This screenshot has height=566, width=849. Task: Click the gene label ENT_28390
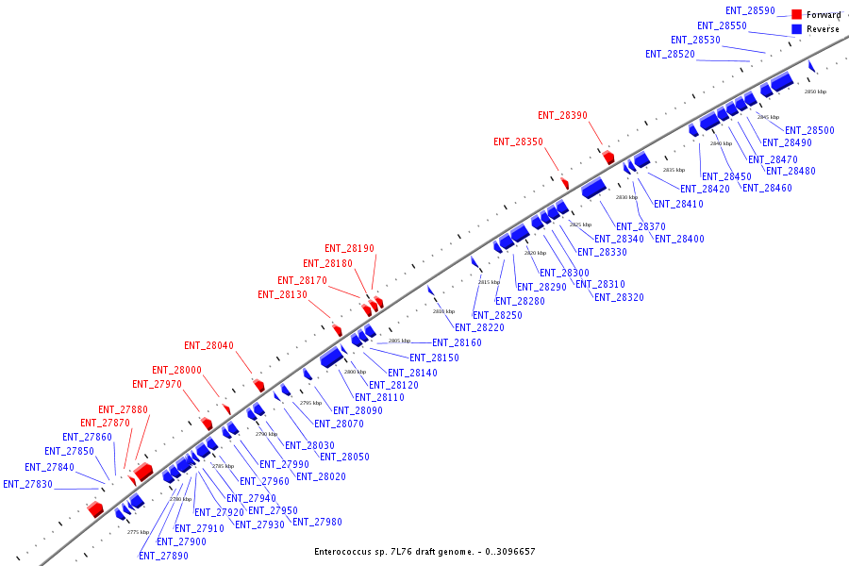(x=562, y=115)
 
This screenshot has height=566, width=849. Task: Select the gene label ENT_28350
(x=518, y=141)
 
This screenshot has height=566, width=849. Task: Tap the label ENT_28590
(x=750, y=10)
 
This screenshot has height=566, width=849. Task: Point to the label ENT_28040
(x=208, y=345)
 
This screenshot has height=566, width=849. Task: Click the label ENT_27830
(x=27, y=484)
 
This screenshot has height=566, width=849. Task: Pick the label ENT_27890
(x=163, y=556)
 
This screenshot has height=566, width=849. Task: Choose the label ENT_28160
(x=457, y=342)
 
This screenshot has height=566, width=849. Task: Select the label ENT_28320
(x=619, y=297)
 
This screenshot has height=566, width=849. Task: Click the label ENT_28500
(x=808, y=130)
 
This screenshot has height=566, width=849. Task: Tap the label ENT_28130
(x=282, y=294)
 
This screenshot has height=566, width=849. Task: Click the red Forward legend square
(x=797, y=15)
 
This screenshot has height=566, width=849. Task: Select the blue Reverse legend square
(x=797, y=29)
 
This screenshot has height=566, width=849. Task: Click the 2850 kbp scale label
(x=815, y=92)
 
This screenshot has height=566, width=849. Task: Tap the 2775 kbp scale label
(x=139, y=532)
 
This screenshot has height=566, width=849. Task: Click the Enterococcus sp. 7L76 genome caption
(x=424, y=551)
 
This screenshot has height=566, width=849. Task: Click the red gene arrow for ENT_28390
(x=608, y=157)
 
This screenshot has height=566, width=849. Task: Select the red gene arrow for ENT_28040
(x=258, y=386)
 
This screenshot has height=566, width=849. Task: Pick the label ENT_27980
(x=317, y=522)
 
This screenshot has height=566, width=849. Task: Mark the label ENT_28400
(x=679, y=239)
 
